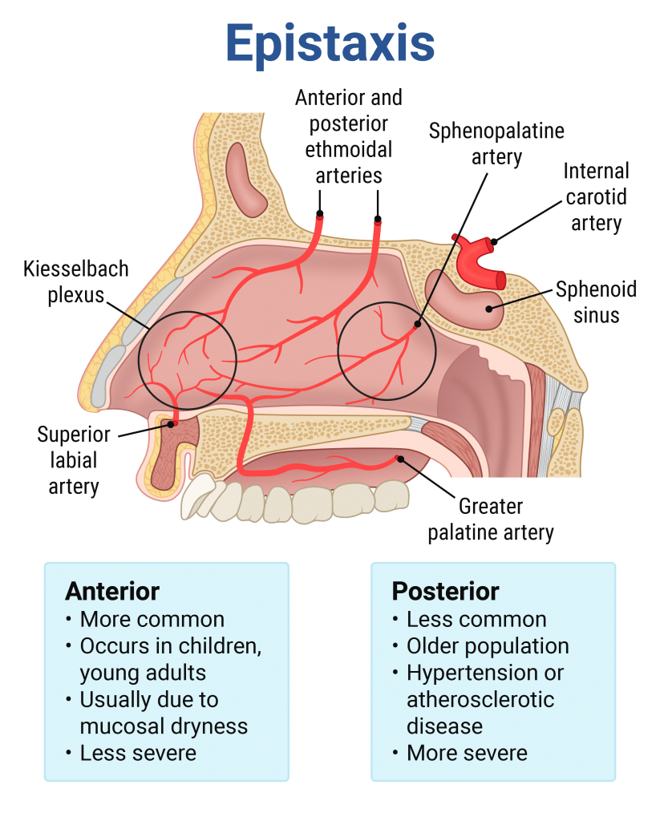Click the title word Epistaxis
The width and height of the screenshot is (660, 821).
(330, 42)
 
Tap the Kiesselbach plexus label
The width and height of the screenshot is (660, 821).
(76, 281)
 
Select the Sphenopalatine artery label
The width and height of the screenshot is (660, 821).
(496, 144)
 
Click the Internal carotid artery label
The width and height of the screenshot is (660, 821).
(596, 196)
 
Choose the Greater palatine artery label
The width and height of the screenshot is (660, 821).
(491, 520)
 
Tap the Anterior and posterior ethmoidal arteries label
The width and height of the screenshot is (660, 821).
(349, 135)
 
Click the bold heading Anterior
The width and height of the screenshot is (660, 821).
(112, 591)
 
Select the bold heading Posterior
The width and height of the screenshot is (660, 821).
(445, 592)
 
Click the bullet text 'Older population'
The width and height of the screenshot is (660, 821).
(488, 645)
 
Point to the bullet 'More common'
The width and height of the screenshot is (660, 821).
(152, 619)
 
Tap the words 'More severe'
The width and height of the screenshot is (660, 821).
(467, 753)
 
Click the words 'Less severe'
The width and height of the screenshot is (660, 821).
(138, 753)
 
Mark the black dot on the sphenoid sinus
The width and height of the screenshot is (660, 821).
(489, 306)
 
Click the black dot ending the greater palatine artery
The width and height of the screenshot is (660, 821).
(399, 459)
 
